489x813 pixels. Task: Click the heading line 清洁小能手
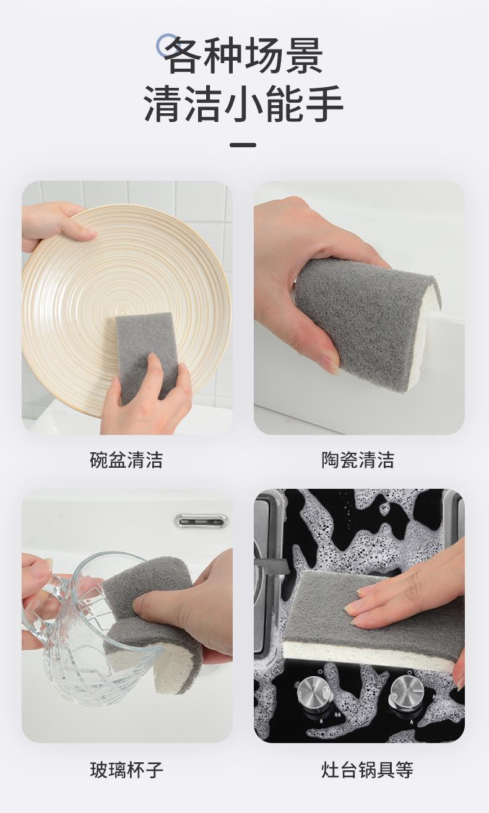click(244, 104)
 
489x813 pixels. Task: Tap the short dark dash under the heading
click(243, 145)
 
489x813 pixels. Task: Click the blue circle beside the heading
click(168, 45)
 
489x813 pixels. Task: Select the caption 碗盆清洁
click(126, 460)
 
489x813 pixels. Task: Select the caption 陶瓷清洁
click(358, 460)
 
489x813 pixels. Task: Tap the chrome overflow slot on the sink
click(201, 521)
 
